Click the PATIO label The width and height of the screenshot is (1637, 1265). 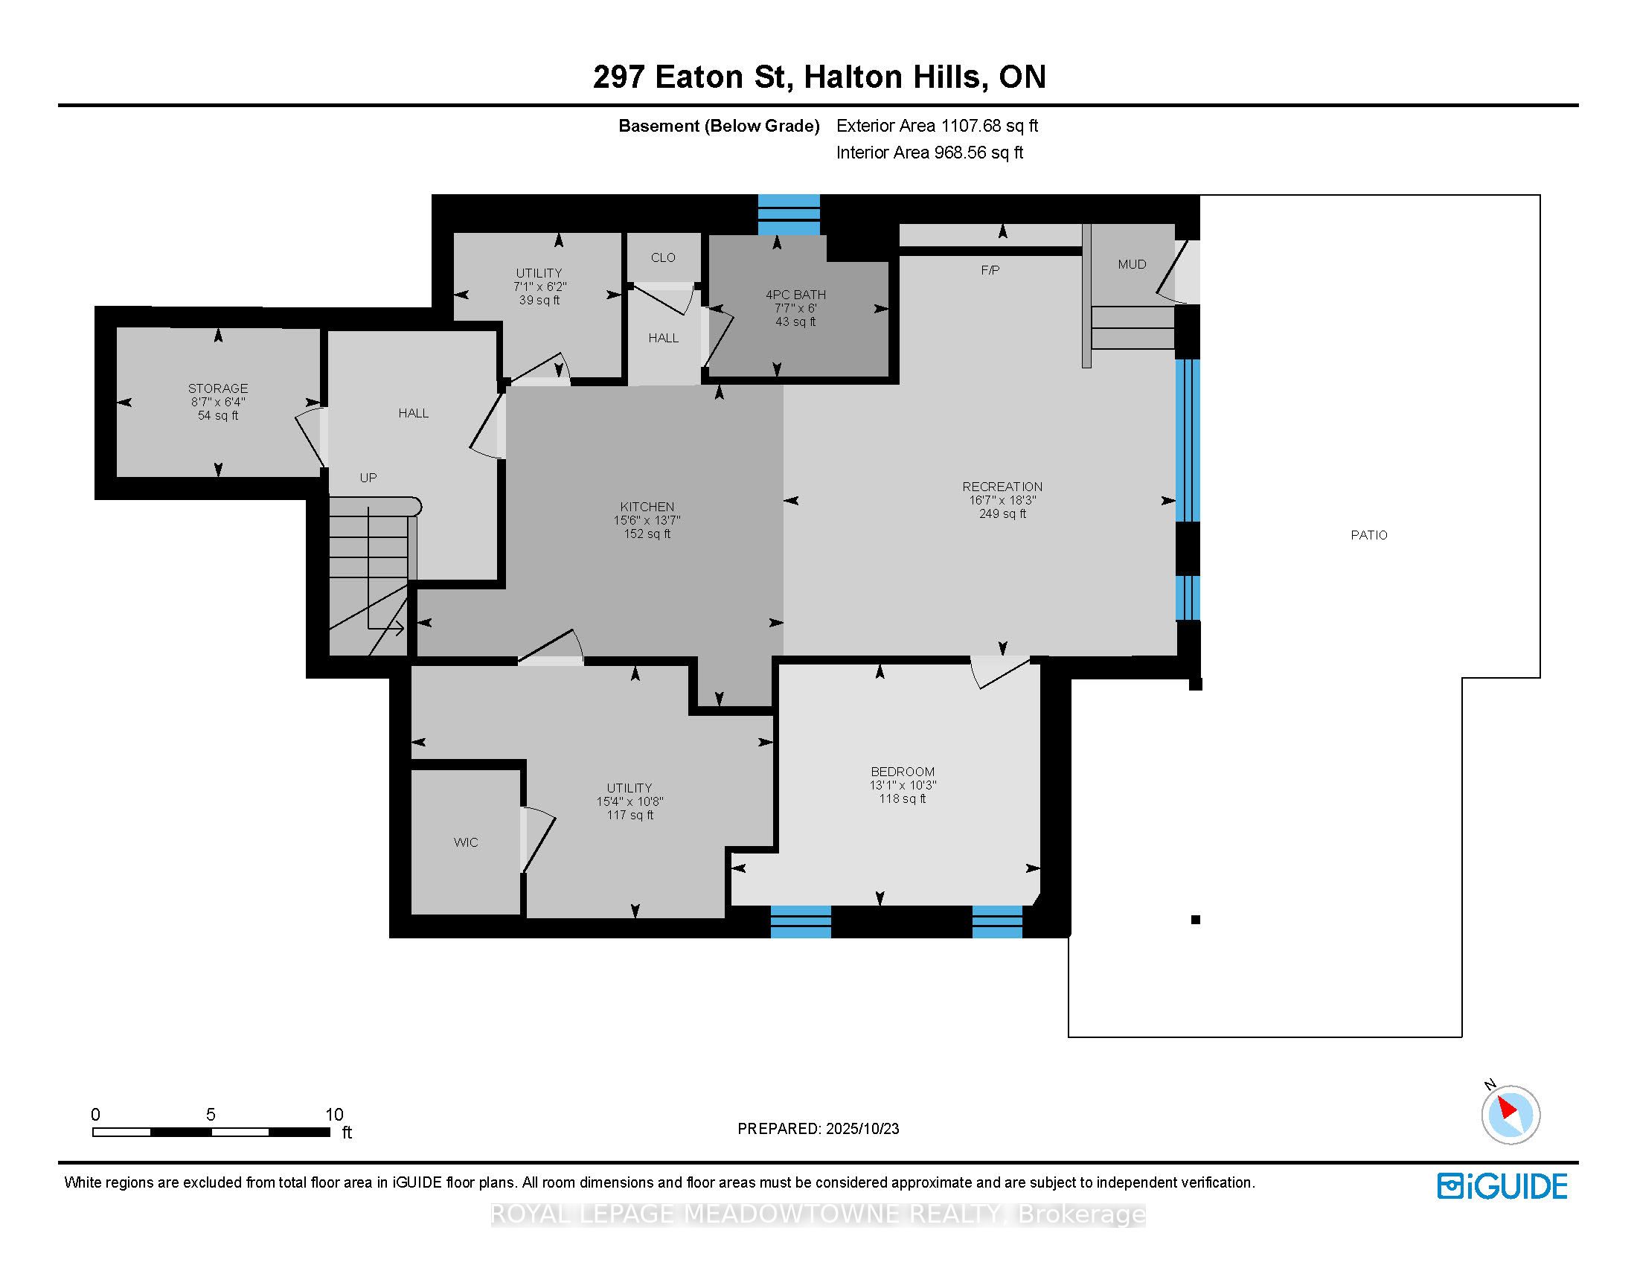coord(1368,535)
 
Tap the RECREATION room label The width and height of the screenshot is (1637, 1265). coord(1002,487)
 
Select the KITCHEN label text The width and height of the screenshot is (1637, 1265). coord(647,507)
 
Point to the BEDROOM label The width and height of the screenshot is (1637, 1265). coord(903,771)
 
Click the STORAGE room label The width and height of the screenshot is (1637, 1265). coord(217,388)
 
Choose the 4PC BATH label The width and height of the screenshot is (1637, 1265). coord(795,295)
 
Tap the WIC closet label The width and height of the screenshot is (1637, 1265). coord(466,842)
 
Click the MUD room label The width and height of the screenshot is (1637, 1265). coord(1132,264)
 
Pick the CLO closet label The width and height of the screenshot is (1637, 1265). coord(662,257)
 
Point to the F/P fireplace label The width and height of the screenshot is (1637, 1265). coord(990,270)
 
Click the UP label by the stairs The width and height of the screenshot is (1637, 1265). coord(368,478)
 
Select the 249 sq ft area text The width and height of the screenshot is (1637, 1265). coord(1002,513)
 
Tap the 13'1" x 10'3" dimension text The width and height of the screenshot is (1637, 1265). coord(903,784)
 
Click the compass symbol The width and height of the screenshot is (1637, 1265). coord(1510,1115)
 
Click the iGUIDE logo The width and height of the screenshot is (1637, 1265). coord(1502,1186)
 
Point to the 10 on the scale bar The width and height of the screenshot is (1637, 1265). coord(333,1115)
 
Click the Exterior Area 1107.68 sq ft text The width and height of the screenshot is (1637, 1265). coord(937,126)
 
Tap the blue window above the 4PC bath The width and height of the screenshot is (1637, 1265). coord(789,214)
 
